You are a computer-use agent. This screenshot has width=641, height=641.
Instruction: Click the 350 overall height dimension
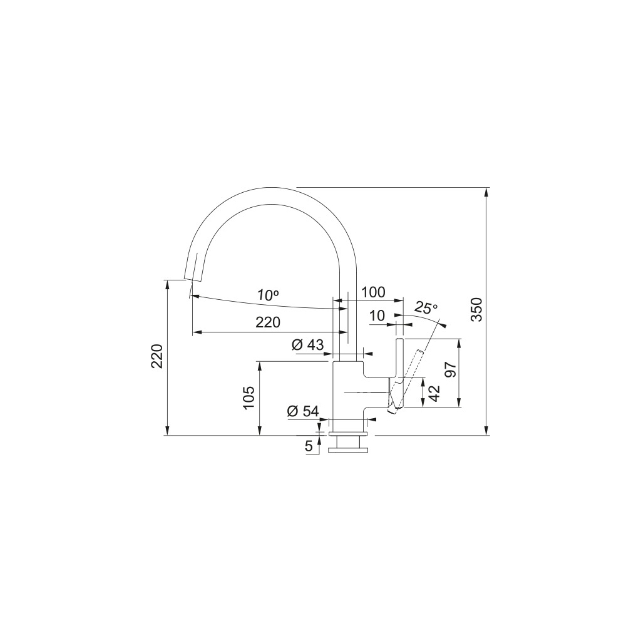(x=477, y=310)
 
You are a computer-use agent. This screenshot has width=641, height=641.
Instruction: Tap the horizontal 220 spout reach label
(x=267, y=322)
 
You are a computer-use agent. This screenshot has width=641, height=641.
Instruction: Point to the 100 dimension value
(x=373, y=292)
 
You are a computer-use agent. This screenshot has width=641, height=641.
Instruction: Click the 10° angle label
(x=268, y=294)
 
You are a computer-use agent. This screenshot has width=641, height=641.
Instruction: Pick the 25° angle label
(x=426, y=308)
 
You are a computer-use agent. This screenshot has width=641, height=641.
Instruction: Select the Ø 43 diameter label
(x=307, y=344)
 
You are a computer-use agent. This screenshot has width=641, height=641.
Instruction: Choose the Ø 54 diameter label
(x=303, y=411)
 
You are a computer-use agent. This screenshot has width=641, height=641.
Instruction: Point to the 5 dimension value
(x=309, y=446)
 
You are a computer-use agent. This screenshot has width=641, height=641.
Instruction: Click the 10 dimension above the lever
(x=377, y=316)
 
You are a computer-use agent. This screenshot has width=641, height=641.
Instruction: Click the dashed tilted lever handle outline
(x=408, y=376)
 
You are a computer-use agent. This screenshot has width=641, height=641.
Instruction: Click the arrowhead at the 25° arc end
(x=443, y=324)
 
